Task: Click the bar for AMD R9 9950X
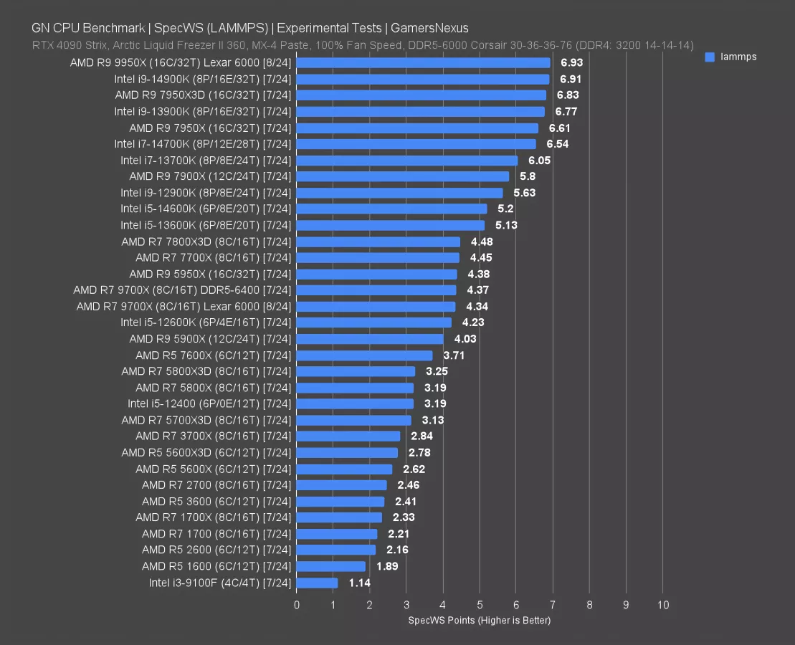pyautogui.click(x=423, y=63)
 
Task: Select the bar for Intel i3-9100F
pyautogui.click(x=317, y=583)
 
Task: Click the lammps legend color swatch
pyautogui.click(x=710, y=57)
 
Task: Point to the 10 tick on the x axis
pyautogui.click(x=663, y=605)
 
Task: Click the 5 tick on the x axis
pyautogui.click(x=480, y=605)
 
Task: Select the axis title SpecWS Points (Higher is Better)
pyautogui.click(x=479, y=620)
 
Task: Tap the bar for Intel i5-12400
pyautogui.click(x=355, y=403)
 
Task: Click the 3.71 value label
pyautogui.click(x=454, y=355)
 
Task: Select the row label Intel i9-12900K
pyautogui.click(x=206, y=193)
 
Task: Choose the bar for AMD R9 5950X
pyautogui.click(x=376, y=274)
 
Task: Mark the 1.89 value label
pyautogui.click(x=388, y=566)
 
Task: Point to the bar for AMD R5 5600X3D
pyautogui.click(x=347, y=452)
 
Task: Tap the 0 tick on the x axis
pyautogui.click(x=297, y=605)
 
